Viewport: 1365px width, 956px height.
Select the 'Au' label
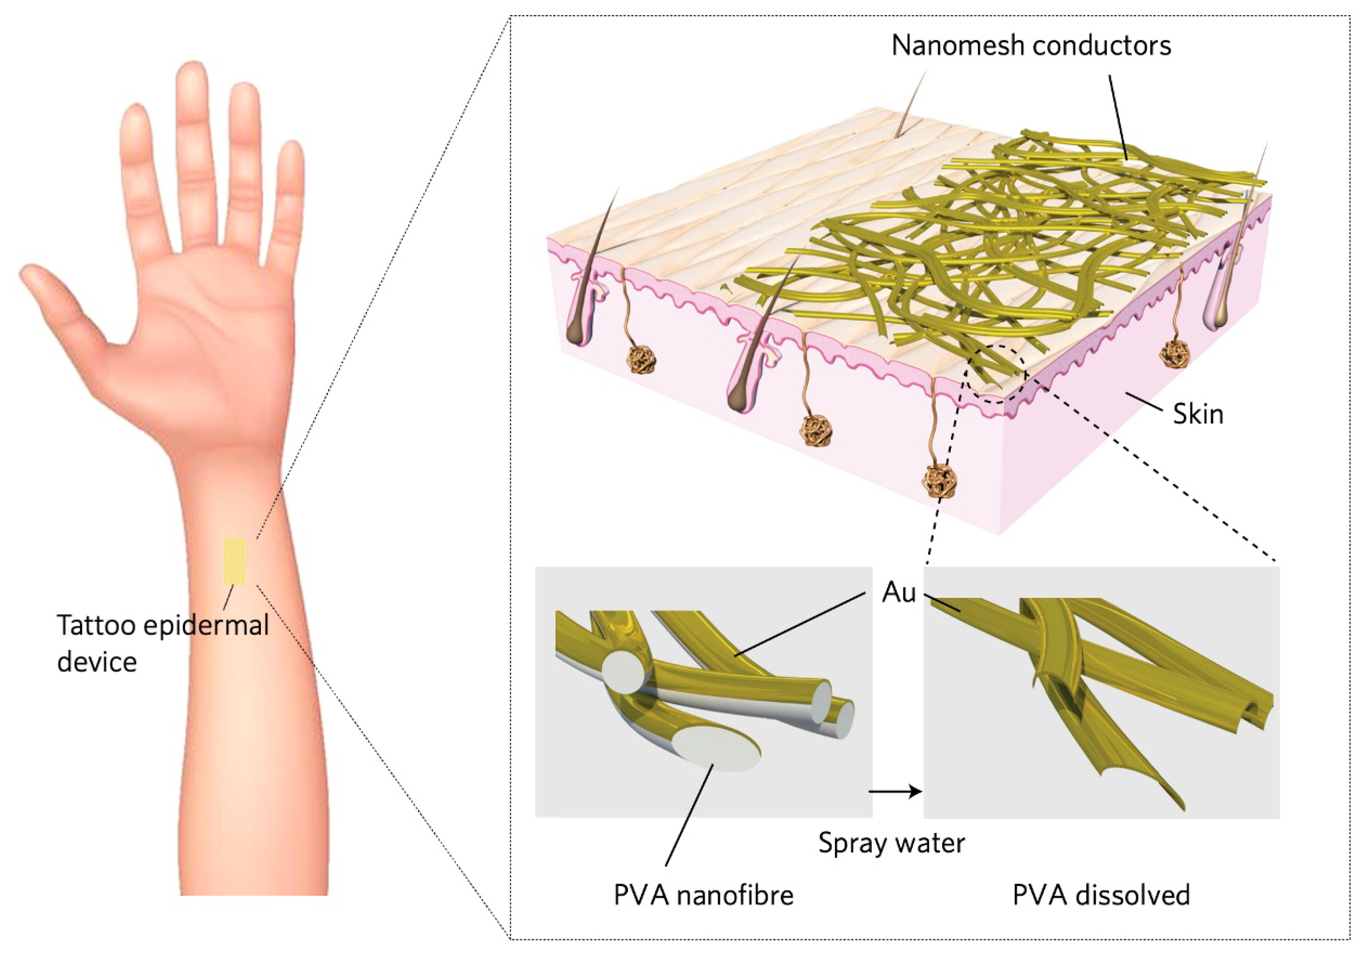coord(899,592)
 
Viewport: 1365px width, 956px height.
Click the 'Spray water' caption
coord(891,843)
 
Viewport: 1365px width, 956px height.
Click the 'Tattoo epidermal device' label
coord(162,643)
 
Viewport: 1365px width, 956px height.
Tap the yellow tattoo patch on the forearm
coord(234,561)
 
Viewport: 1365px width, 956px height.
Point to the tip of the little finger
coord(291,151)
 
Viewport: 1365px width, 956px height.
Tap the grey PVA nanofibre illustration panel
coord(703,691)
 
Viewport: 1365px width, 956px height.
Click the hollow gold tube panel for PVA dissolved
coord(1101,691)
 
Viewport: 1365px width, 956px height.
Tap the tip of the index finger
coord(135,116)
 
